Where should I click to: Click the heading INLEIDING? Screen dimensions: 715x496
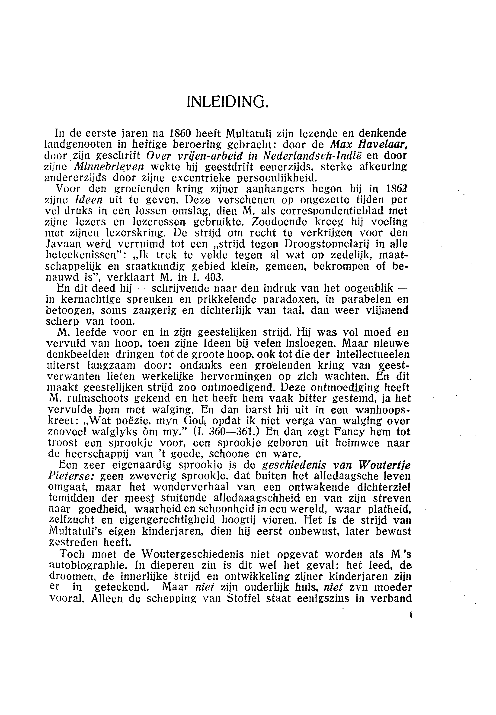(227, 101)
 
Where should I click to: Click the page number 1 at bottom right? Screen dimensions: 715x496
(411, 615)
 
